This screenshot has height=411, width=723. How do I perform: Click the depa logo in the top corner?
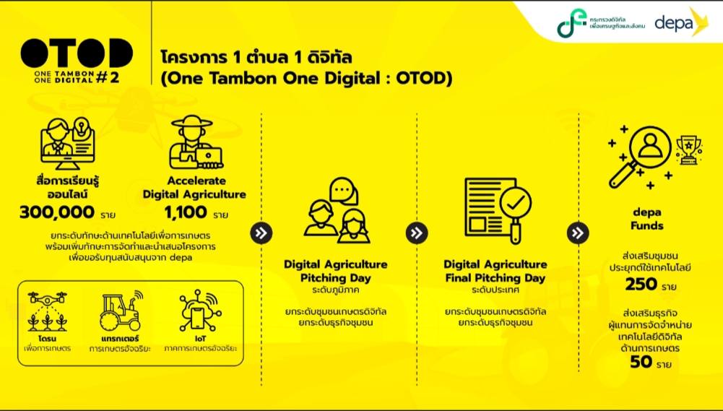point(681,22)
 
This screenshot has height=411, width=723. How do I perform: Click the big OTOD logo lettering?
point(77,53)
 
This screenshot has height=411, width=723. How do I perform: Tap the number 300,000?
point(57,212)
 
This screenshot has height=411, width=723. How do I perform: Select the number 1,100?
point(186,212)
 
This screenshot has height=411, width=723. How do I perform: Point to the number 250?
point(641,284)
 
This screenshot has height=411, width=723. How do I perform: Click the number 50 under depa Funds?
point(641,362)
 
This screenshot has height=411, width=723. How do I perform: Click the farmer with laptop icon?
point(195,142)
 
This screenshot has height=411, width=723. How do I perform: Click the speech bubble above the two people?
point(344,191)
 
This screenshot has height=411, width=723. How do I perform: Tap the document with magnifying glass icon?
point(498,210)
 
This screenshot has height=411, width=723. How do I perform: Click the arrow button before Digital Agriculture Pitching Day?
point(261,233)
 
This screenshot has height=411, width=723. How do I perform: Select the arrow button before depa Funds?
point(578,233)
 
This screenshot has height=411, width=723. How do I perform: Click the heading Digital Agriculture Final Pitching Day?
point(495,272)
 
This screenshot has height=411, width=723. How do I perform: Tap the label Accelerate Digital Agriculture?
point(194,188)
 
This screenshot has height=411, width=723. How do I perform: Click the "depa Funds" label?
point(647,219)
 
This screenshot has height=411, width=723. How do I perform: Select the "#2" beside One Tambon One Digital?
point(108,77)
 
